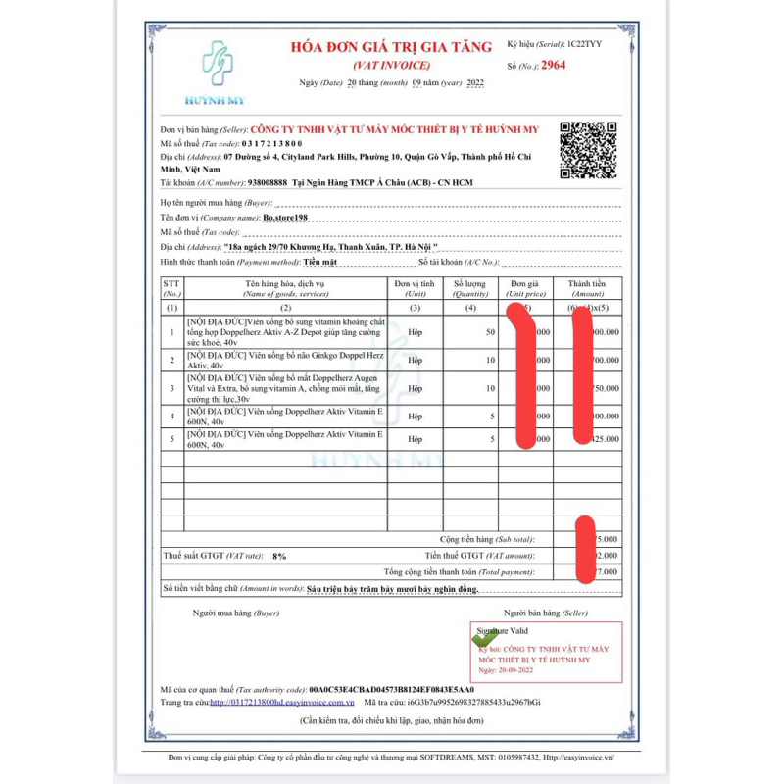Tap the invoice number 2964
point(552,66)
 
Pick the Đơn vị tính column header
point(415,288)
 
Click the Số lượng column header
point(470,288)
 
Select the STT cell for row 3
point(172,388)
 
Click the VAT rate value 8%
point(279,556)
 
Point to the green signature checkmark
point(484,637)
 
